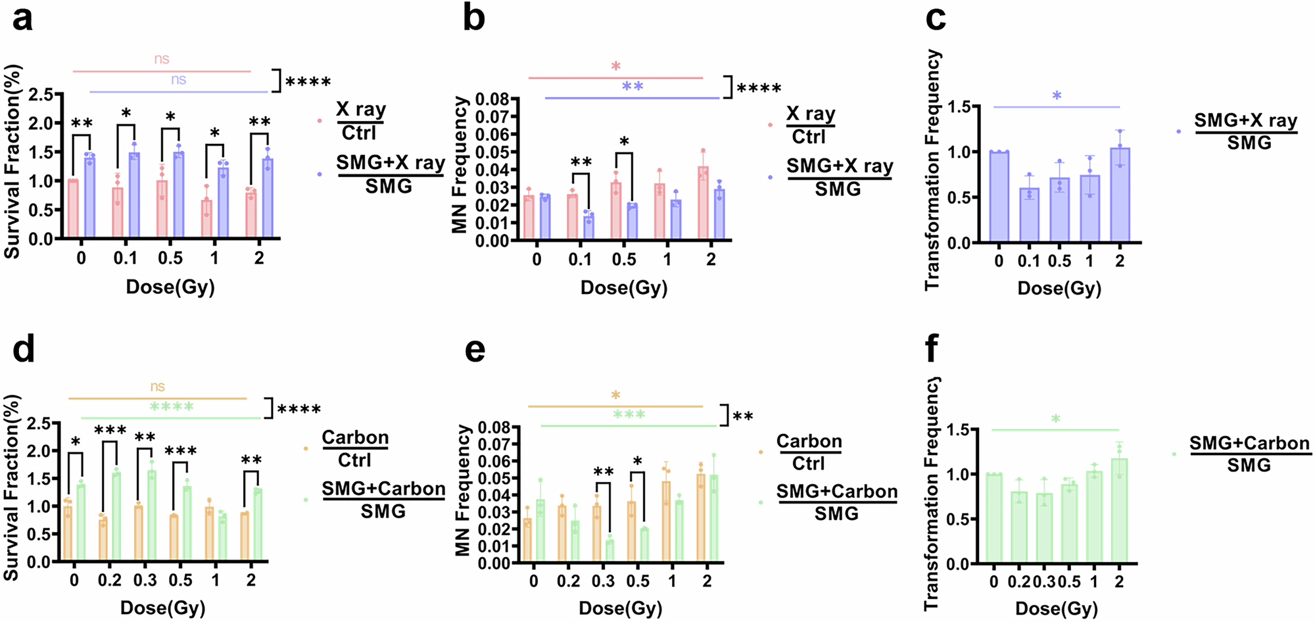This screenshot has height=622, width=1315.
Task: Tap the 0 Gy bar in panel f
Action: [993, 519]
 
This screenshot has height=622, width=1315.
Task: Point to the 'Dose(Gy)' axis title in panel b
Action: [624, 288]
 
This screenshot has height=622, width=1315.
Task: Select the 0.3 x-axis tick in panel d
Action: [145, 581]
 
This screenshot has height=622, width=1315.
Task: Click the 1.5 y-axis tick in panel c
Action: [959, 107]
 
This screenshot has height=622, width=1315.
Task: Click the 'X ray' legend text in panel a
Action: [361, 109]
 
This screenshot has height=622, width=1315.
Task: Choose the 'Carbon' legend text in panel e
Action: [809, 441]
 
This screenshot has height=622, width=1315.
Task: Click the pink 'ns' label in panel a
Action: [162, 59]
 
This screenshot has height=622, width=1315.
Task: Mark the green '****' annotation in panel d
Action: [171, 407]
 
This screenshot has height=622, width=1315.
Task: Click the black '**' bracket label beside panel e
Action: [743, 417]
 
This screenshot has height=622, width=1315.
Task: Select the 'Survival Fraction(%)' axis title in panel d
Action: [11, 488]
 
